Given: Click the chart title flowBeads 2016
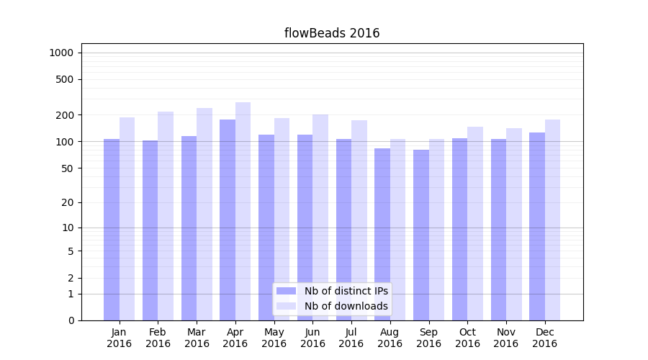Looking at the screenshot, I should [332, 33].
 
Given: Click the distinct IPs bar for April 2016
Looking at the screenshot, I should [228, 220].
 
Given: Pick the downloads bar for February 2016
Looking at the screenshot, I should [166, 216].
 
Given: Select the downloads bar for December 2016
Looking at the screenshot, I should [552, 220].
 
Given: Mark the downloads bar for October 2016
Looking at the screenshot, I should [475, 223].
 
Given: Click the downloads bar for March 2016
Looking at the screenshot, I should [204, 214].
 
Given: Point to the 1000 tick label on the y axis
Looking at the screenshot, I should [61, 53].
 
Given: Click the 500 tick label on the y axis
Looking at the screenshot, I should [66, 79].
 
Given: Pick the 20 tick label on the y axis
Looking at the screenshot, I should [68, 202].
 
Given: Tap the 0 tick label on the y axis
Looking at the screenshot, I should [71, 320].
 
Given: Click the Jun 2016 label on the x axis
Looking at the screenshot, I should [312, 338].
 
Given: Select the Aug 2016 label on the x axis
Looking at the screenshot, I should [390, 338].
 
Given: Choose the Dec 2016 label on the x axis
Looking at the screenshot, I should [544, 338].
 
